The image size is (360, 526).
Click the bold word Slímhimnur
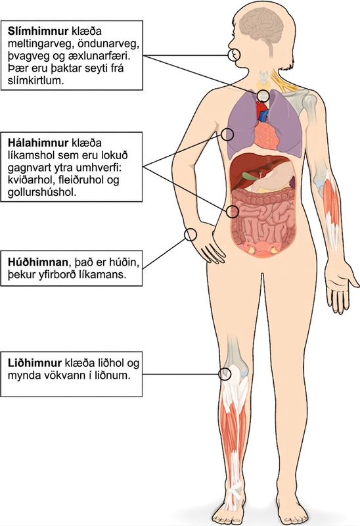point(38,31)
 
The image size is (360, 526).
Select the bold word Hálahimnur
point(38,143)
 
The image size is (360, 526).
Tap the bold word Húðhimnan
point(37,262)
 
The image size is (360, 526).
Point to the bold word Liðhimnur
point(35,363)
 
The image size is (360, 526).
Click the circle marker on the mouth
point(234,55)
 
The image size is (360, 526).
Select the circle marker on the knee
point(225,373)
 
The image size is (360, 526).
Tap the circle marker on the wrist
point(191,235)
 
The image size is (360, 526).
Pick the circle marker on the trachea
point(263,96)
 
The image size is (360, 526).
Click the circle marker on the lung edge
point(227,135)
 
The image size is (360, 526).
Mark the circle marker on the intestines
point(232,212)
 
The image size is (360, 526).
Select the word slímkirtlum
point(35,81)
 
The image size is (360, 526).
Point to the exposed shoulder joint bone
point(307,101)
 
